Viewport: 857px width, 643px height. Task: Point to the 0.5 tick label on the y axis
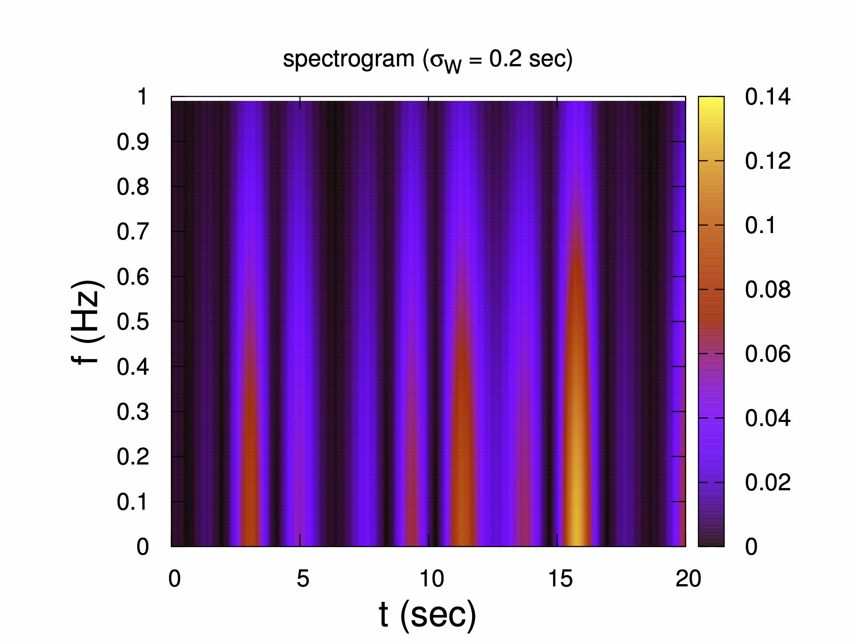[x=133, y=322]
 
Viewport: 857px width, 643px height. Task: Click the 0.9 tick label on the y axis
[x=133, y=142]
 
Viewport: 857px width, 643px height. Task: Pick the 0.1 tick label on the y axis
[x=133, y=502]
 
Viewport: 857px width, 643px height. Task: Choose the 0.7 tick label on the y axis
[x=133, y=232]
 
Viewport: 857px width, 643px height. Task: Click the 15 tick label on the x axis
[x=560, y=579]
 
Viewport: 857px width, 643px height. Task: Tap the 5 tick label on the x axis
[x=303, y=579]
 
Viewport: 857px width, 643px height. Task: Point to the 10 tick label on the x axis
[x=432, y=579]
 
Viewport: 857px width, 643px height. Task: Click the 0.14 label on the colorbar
[x=768, y=96]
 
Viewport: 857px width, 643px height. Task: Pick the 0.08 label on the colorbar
[x=768, y=290]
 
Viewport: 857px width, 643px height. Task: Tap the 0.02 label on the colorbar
[x=768, y=483]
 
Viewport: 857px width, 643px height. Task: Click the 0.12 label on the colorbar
[x=768, y=161]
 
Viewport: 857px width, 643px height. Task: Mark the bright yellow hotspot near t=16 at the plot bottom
[x=576, y=531]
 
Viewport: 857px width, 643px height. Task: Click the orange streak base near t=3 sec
[x=250, y=531]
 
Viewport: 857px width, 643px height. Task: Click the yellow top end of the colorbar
[x=711, y=100]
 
